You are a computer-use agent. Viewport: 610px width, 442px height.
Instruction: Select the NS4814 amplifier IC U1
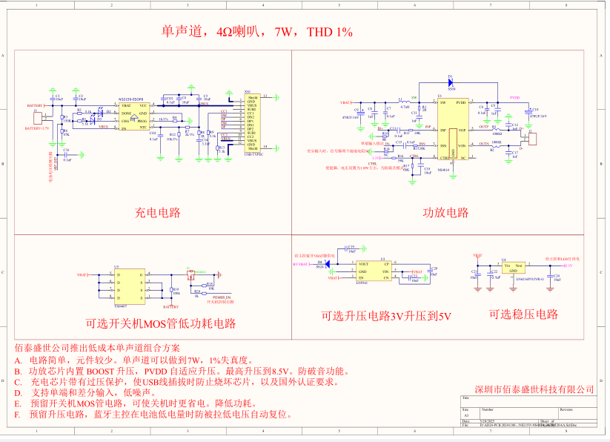point(451,129)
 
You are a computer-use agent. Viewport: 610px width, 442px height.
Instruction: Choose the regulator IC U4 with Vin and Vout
point(514,268)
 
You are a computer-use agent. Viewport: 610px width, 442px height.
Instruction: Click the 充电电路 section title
point(157,213)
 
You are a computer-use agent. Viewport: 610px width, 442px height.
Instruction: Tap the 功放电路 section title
point(445,213)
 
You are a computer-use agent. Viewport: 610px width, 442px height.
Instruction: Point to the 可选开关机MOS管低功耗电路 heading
point(160,324)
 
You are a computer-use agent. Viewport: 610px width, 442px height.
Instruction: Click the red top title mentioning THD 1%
point(256,33)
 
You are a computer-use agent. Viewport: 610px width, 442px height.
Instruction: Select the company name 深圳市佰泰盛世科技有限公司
point(534,389)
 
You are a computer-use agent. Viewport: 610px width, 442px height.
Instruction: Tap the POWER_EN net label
point(222,297)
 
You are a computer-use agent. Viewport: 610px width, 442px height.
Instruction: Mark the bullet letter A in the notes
point(18,359)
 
